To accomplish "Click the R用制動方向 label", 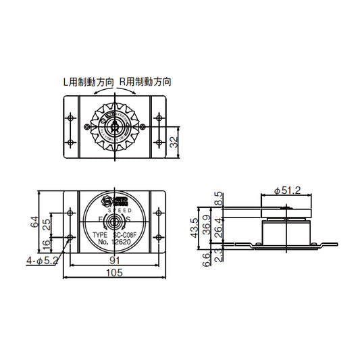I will click(145, 82).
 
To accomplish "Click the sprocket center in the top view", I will click(115, 126).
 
